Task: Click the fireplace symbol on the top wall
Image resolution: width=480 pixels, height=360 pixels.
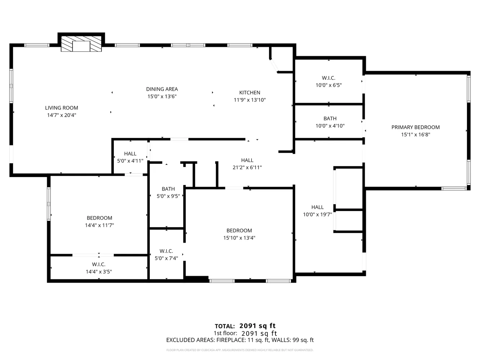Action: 81,44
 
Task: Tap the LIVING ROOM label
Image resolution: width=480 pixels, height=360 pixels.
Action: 62,108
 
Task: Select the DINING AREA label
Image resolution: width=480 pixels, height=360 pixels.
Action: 162,89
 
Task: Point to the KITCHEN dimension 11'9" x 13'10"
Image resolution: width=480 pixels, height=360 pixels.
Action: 250,100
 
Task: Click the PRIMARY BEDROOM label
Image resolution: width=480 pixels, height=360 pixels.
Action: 415,127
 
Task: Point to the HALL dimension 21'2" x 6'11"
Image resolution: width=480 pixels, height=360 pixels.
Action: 247,167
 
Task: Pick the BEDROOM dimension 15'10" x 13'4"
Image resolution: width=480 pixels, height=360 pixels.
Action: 239,238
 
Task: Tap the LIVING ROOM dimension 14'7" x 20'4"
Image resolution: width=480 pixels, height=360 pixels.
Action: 62,115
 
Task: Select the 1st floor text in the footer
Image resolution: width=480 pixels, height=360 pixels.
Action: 225,333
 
